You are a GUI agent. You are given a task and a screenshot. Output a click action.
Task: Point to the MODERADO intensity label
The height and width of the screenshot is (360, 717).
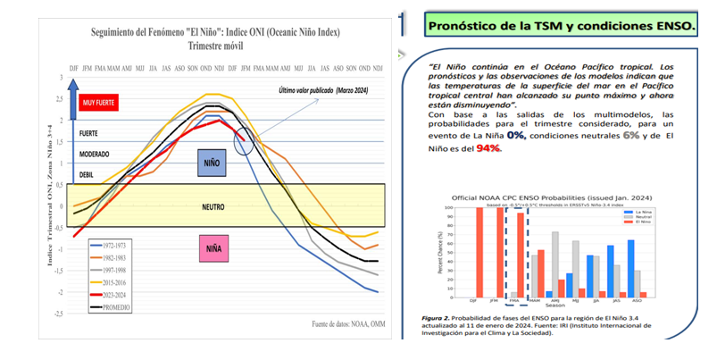coord(95,155)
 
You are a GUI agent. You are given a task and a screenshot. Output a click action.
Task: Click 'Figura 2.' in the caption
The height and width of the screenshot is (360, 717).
coord(443,317)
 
